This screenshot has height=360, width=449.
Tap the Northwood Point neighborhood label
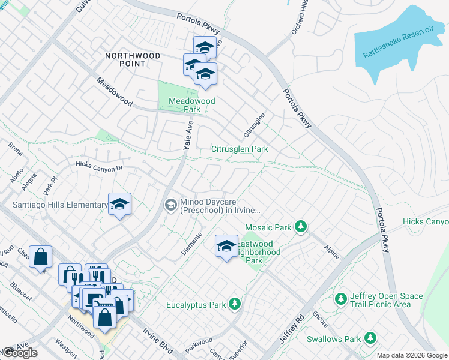click(133, 59)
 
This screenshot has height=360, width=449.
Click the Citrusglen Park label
click(239, 149)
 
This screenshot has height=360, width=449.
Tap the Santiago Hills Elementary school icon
click(119, 205)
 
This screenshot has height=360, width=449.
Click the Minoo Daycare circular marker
click(171, 206)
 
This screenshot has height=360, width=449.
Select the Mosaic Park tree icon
click(301, 227)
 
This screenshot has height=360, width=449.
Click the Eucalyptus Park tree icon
click(235, 305)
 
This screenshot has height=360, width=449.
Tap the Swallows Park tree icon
click(370, 339)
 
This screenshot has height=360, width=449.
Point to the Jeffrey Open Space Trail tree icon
click(341, 298)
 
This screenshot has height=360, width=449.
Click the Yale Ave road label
click(188, 135)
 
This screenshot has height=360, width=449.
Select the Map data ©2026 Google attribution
click(412, 355)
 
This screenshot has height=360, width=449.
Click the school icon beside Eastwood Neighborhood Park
click(226, 246)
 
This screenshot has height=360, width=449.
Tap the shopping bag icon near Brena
click(40, 257)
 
